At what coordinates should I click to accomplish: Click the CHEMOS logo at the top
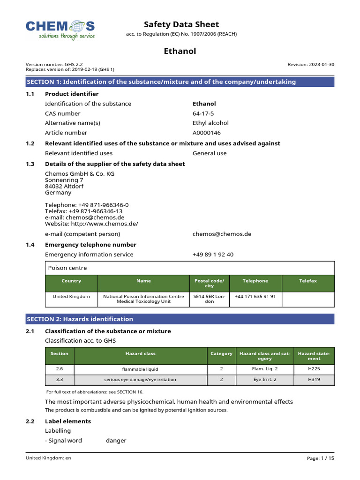(x=60, y=29)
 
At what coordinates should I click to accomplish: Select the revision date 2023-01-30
(x=311, y=64)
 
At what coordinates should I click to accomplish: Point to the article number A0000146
(x=207, y=133)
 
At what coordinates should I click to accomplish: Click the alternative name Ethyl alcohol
(x=210, y=123)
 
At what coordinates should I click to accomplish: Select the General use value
(x=209, y=153)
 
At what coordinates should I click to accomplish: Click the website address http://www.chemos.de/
(x=91, y=224)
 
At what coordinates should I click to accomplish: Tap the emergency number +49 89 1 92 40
(x=213, y=255)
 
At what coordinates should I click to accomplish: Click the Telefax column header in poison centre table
(x=308, y=281)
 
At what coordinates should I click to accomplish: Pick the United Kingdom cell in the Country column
(x=71, y=296)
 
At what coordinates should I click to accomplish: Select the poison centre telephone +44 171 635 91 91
(x=255, y=296)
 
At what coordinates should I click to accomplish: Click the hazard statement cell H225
(x=314, y=369)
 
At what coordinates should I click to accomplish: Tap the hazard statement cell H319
(x=314, y=379)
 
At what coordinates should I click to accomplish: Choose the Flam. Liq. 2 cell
(x=265, y=369)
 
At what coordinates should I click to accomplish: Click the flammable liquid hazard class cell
(x=140, y=369)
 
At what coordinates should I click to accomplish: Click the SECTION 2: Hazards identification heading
(x=80, y=319)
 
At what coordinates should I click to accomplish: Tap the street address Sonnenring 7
(x=64, y=180)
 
